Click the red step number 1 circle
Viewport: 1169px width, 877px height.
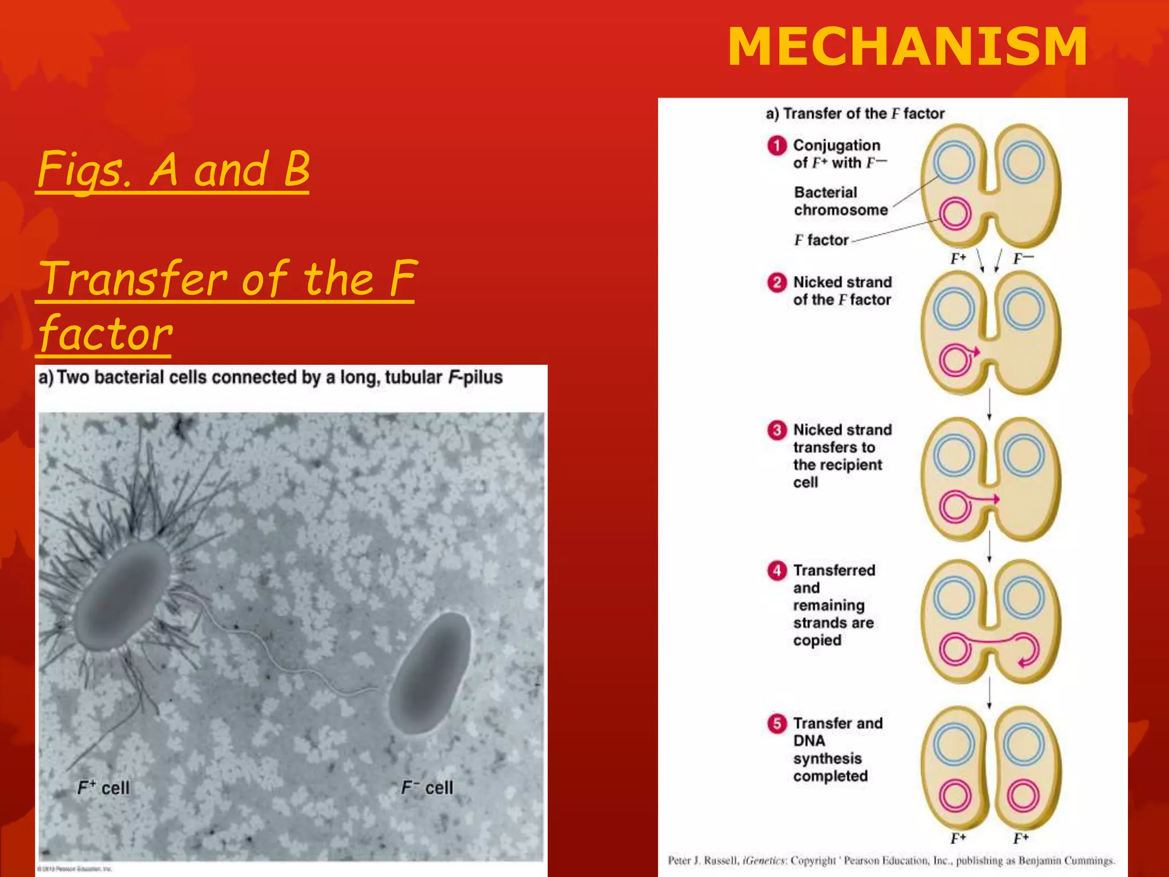776,146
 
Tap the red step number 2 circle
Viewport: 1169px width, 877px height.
776,283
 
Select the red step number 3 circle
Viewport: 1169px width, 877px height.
776,430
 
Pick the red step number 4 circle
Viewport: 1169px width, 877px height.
776,570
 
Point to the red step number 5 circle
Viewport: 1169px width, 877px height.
776,723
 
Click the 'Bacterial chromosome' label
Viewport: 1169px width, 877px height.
840,201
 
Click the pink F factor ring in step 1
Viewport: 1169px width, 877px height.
955,214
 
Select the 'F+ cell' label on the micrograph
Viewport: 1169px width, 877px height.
103,788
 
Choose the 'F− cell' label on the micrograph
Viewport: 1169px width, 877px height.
427,788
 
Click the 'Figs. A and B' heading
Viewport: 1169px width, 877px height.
174,169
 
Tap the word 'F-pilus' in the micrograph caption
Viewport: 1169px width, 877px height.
475,377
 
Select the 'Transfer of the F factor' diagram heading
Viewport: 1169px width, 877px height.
855,114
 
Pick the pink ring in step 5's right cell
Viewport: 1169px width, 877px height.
1022,795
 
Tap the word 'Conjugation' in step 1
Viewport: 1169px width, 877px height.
836,145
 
